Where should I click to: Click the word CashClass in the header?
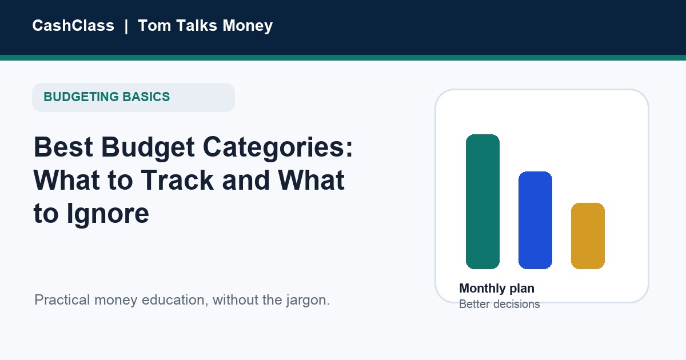pyautogui.click(x=73, y=25)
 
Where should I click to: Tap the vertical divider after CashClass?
pyautogui.click(x=126, y=26)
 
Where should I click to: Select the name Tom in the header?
pyautogui.click(x=154, y=25)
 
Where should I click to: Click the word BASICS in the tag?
pyautogui.click(x=146, y=97)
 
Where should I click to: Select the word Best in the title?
pyautogui.click(x=63, y=147)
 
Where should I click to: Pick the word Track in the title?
pyautogui.click(x=177, y=180)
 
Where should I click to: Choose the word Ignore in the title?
pyautogui.click(x=108, y=214)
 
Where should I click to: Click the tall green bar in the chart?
pyautogui.click(x=482, y=201)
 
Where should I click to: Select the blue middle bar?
pyautogui.click(x=535, y=220)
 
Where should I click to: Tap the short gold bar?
pyautogui.click(x=588, y=235)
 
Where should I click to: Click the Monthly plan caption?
pyautogui.click(x=497, y=289)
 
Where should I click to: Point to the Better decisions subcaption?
pyautogui.click(x=500, y=304)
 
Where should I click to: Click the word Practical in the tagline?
pyautogui.click(x=62, y=299)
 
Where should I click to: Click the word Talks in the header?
pyautogui.click(x=197, y=25)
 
